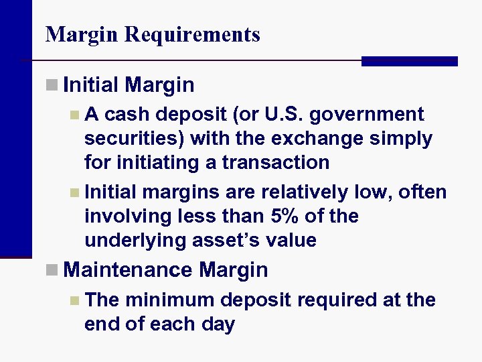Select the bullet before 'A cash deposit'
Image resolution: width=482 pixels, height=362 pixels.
click(74, 115)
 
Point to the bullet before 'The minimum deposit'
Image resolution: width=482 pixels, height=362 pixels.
click(74, 300)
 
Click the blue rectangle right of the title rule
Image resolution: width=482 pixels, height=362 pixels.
click(409, 61)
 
